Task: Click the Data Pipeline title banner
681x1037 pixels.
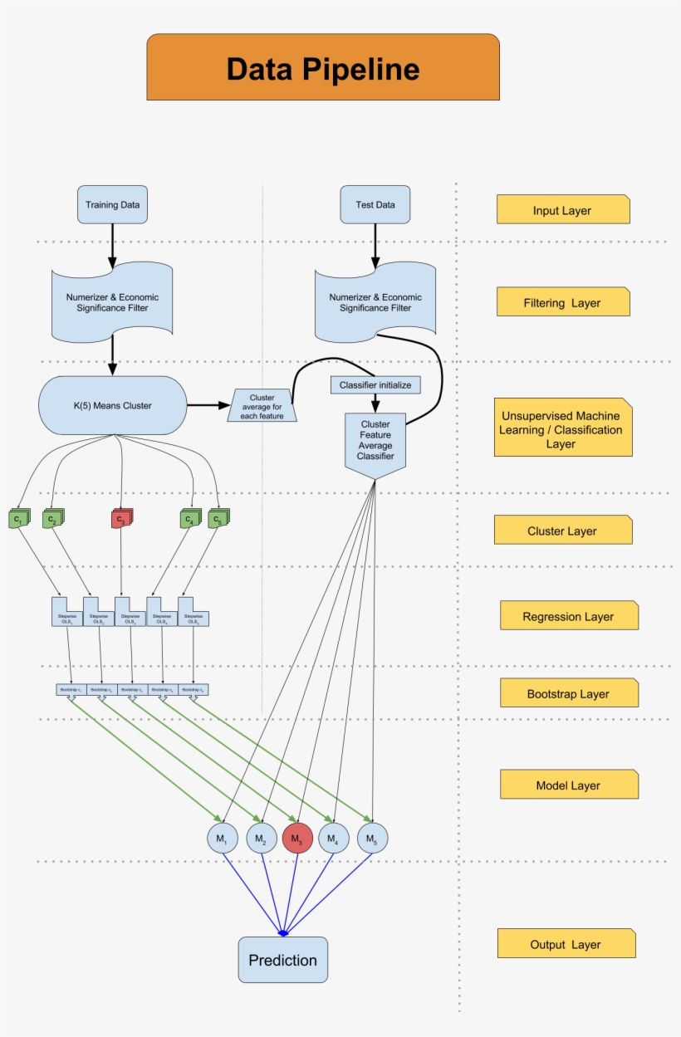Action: pyautogui.click(x=323, y=68)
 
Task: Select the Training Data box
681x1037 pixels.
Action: pyautogui.click(x=112, y=204)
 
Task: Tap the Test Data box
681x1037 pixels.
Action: pyautogui.click(x=375, y=204)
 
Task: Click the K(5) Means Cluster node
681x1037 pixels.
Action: pyautogui.click(x=112, y=405)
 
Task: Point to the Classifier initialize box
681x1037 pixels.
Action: pyautogui.click(x=375, y=385)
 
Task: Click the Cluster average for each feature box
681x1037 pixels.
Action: pyautogui.click(x=262, y=406)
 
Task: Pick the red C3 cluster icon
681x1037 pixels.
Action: pyautogui.click(x=121, y=520)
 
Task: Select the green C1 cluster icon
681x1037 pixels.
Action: pyautogui.click(x=17, y=520)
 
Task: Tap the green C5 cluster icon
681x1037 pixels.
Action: pyautogui.click(x=218, y=520)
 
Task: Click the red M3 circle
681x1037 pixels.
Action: pyautogui.click(x=297, y=839)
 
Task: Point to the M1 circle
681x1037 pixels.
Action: pyautogui.click(x=222, y=839)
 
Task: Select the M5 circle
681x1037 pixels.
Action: pyautogui.click(x=372, y=839)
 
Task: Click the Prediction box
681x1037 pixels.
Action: pyautogui.click(x=283, y=960)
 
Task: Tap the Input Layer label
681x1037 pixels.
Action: pyautogui.click(x=562, y=210)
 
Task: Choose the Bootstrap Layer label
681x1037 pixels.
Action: pyautogui.click(x=568, y=693)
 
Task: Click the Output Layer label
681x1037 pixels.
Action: pyautogui.click(x=566, y=944)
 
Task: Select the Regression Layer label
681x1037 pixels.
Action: pyautogui.click(x=568, y=616)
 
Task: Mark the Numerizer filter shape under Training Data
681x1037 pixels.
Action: pyautogui.click(x=112, y=302)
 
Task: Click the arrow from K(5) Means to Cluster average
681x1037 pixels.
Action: pyautogui.click(x=207, y=405)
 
